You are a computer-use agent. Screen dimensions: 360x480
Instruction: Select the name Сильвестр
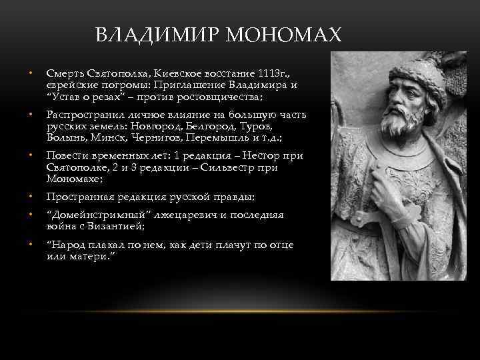[x=226, y=168]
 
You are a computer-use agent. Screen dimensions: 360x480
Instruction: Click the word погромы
[x=124, y=85]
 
